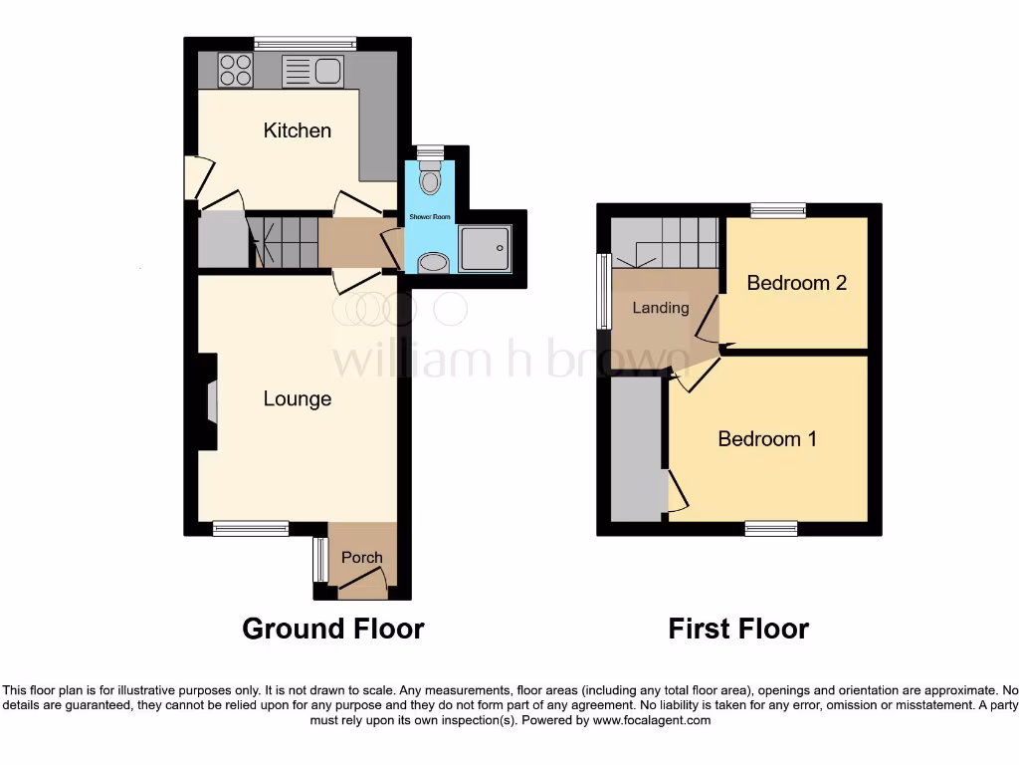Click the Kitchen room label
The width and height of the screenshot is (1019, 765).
click(x=297, y=130)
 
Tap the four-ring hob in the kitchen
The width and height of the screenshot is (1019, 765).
click(x=236, y=70)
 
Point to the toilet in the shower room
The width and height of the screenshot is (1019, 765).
click(x=430, y=179)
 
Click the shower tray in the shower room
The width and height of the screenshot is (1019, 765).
click(x=485, y=247)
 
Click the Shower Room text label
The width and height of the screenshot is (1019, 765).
click(x=431, y=217)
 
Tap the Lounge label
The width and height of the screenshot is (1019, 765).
click(x=297, y=398)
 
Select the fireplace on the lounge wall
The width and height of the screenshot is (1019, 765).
click(x=208, y=403)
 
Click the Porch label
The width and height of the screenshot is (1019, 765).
click(x=361, y=557)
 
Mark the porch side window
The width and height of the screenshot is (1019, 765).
click(x=320, y=559)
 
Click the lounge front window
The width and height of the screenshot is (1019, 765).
click(x=251, y=529)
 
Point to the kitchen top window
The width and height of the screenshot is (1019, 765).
click(x=305, y=43)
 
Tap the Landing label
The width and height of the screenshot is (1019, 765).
click(x=661, y=308)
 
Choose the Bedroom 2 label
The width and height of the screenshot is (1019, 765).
click(x=796, y=283)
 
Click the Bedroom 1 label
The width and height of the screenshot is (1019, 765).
click(x=767, y=438)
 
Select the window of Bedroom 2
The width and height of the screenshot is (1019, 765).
click(x=778, y=209)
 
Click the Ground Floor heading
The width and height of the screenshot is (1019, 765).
click(x=333, y=629)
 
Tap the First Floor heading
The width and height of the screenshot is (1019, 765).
click(x=738, y=629)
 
